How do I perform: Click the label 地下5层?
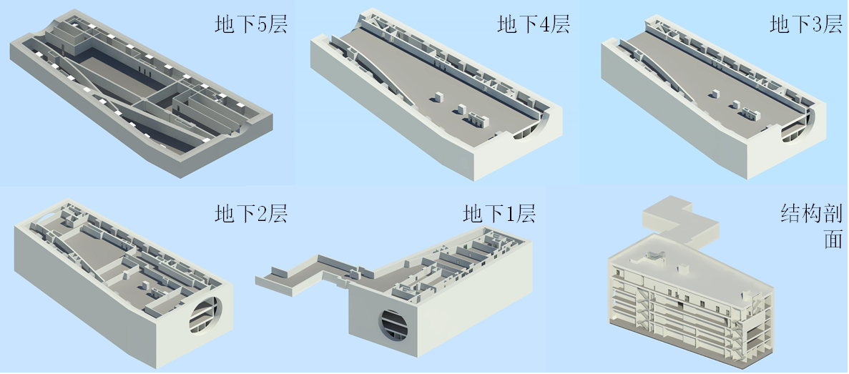(250, 25)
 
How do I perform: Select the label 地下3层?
(806, 25)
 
